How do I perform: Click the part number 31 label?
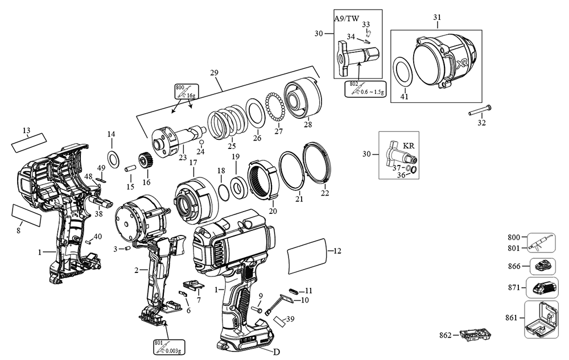tap(437, 18)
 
